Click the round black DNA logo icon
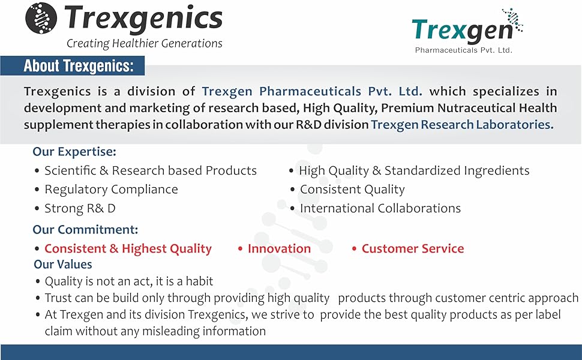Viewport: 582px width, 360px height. tap(41, 18)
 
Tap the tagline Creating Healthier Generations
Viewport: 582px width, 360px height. tap(145, 44)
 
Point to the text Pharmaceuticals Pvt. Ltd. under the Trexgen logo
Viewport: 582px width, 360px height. tap(464, 50)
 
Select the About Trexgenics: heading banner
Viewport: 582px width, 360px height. tap(73, 65)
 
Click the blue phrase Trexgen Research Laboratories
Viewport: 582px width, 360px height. tap(462, 125)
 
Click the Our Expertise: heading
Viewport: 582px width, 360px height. tap(74, 152)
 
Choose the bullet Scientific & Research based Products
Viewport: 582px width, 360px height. tap(151, 170)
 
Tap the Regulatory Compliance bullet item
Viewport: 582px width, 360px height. tap(112, 190)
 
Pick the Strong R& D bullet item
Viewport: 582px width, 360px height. tap(80, 208)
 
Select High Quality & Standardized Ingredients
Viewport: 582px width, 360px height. tap(414, 171)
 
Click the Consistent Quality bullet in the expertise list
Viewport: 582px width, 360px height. tap(352, 190)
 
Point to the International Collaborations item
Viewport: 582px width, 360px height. tap(380, 208)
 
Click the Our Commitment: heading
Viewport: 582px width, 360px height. tap(85, 230)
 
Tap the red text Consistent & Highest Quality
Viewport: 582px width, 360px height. tap(128, 248)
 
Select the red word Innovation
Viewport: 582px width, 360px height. tap(279, 248)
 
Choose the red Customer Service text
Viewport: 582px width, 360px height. tap(413, 248)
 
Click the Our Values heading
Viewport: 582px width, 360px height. tap(63, 264)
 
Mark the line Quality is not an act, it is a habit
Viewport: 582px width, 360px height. tap(129, 281)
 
